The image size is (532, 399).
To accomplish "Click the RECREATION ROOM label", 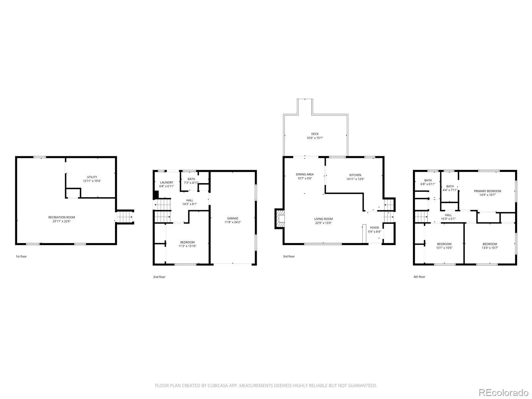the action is coord(62,217).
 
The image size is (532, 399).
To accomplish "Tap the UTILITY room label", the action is coord(92,177).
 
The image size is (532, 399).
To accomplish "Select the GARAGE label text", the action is coord(232,218).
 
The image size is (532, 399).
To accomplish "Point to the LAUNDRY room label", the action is coord(167,183).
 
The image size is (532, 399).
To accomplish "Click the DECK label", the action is coord(315,134).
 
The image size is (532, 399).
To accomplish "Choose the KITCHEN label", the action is coord(355,175).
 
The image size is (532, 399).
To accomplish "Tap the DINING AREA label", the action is coord(305,174).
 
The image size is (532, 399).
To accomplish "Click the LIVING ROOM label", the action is coord(323,219).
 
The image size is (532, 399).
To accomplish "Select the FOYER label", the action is coord(374,227).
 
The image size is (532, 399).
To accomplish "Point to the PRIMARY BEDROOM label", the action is coord(487,191).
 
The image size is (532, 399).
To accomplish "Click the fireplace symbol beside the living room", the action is coord(279,218).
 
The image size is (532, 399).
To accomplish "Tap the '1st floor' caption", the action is coord(21,256).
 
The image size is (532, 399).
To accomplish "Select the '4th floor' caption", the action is coord(419,277).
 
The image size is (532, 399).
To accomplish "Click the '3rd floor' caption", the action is coord(289,256).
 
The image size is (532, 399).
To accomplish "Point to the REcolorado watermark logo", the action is coord(503,392).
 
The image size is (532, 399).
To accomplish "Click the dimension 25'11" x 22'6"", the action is coord(62,221).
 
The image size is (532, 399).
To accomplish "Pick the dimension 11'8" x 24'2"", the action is coord(232,222).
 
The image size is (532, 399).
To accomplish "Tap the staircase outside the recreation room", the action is coord(125,217).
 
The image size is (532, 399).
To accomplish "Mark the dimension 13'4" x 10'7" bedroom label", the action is coord(489,248).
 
